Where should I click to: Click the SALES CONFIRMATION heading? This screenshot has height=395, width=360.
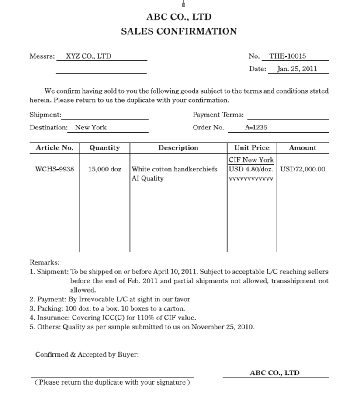(x=179, y=31)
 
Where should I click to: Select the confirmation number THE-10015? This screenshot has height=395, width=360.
(x=287, y=56)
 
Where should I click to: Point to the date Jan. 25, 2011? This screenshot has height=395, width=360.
(x=297, y=69)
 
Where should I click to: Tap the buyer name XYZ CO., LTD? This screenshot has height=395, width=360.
(x=88, y=56)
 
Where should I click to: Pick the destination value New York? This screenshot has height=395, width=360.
(x=90, y=128)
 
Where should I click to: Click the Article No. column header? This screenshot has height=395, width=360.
(x=55, y=148)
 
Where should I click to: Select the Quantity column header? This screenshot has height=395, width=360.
(x=104, y=148)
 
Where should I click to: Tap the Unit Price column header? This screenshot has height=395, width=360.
(x=252, y=148)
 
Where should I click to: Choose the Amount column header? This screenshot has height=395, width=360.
(x=302, y=148)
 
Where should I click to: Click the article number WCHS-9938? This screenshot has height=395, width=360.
(x=55, y=169)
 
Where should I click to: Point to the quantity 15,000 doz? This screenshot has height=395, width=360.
(x=104, y=169)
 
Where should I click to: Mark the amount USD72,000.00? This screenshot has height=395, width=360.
(x=302, y=169)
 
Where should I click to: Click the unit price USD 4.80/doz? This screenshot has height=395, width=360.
(x=251, y=169)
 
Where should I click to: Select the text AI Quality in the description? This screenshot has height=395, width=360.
(x=148, y=178)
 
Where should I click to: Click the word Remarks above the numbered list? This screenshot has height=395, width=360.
(x=44, y=262)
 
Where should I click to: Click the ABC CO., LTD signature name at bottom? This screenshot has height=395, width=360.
(x=274, y=373)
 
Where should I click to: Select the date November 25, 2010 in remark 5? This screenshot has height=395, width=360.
(x=222, y=327)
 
